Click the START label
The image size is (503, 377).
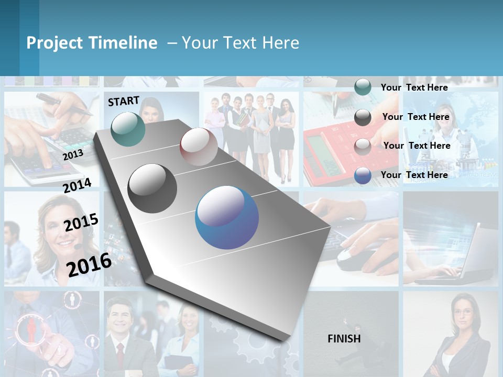[124, 101]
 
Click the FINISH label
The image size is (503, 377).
[344, 339]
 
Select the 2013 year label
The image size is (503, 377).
[73, 154]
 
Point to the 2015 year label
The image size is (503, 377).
[81, 223]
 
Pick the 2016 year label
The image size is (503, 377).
[89, 264]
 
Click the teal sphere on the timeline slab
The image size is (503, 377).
[128, 129]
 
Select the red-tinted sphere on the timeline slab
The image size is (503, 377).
[199, 147]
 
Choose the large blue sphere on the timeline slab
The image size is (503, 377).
[227, 217]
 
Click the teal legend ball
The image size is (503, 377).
[363, 87]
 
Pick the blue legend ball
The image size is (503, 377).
[363, 175]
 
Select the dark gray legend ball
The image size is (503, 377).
[363, 117]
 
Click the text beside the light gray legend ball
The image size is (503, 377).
[417, 146]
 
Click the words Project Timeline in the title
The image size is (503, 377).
[92, 43]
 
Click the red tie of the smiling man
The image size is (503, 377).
[120, 354]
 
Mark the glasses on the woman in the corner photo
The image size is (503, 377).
[463, 313]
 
